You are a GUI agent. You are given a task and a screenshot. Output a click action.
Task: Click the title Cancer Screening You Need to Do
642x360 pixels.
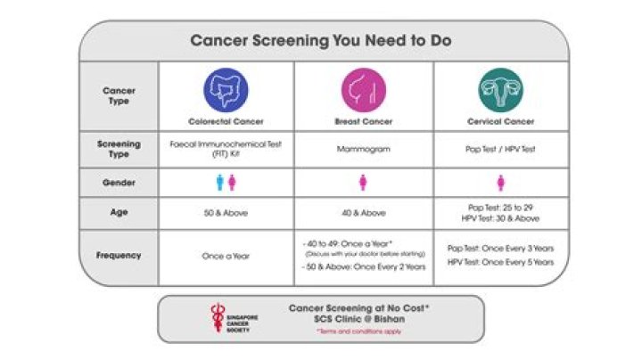(320, 41)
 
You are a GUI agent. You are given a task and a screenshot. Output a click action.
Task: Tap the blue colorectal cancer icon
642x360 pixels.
(226, 89)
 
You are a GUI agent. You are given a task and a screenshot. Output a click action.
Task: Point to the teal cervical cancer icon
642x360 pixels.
(500, 89)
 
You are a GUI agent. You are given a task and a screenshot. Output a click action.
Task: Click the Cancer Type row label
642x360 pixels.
(119, 95)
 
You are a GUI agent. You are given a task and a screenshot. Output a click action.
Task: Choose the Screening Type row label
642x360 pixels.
(119, 150)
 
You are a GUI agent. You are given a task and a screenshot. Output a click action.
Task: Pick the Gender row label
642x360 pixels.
(119, 182)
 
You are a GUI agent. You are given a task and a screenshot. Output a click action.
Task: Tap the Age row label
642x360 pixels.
(119, 214)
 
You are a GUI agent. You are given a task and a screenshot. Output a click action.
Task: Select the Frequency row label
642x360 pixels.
(119, 256)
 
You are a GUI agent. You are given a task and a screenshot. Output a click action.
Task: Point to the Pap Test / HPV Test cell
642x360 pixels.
(500, 150)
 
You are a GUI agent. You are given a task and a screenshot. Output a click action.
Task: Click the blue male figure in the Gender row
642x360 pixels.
(220, 183)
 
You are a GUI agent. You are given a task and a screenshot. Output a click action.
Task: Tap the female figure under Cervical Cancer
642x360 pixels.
(500, 183)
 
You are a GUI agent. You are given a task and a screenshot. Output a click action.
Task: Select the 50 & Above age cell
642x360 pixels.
(226, 214)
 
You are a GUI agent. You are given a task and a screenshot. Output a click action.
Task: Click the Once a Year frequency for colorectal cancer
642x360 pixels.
(226, 257)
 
